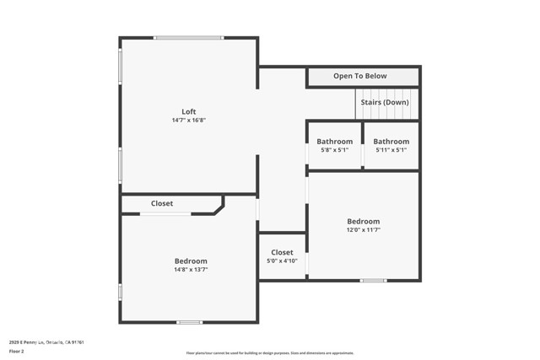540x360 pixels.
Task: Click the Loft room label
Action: (189, 111)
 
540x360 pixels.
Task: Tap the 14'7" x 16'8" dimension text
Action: (189, 121)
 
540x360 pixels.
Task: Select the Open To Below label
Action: (360, 76)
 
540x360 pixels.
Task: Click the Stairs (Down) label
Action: (385, 102)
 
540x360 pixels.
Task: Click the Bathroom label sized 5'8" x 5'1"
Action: (335, 141)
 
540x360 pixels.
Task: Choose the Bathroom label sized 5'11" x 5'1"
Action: (391, 141)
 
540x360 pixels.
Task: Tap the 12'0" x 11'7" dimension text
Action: (363, 229)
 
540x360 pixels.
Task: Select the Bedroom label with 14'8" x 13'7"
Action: (191, 261)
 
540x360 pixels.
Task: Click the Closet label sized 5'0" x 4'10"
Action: (282, 252)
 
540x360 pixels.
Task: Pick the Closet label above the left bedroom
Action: (162, 203)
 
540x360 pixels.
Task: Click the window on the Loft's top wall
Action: (188, 37)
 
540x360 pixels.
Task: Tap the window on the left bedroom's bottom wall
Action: (190, 322)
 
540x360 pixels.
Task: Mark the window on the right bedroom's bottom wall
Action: (374, 280)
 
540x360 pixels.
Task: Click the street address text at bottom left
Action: (46, 342)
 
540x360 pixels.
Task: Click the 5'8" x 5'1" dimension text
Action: (335, 150)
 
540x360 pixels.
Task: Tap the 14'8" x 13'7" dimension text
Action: (191, 270)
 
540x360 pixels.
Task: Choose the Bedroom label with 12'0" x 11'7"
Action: (363, 221)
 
